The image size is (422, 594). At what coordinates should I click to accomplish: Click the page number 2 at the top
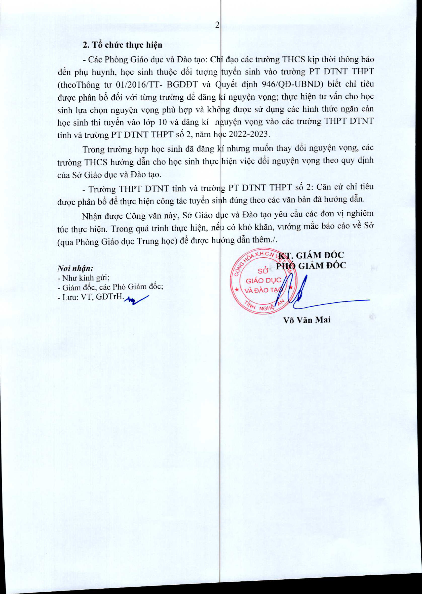coord(217,25)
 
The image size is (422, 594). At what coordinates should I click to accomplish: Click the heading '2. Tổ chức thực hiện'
coord(122,45)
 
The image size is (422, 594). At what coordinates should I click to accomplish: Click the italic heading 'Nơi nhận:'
coord(75,268)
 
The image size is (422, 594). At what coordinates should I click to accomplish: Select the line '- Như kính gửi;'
coord(83,278)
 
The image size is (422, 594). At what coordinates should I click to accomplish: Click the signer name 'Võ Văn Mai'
coord(307,320)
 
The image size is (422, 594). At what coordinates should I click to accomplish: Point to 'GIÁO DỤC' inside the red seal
coord(263,281)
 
